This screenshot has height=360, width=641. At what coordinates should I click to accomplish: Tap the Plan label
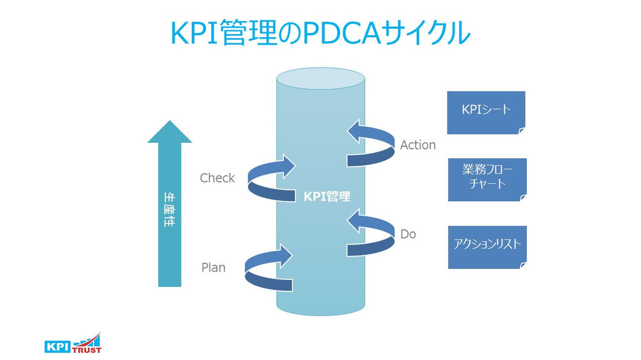tap(213, 267)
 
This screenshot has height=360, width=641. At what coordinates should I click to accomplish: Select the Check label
tap(217, 178)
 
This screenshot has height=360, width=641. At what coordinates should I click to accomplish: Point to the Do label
tap(408, 234)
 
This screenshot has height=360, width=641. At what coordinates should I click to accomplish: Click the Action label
tap(418, 145)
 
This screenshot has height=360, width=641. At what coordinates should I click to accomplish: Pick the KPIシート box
tap(487, 112)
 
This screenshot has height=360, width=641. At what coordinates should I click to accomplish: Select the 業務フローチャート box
tap(487, 179)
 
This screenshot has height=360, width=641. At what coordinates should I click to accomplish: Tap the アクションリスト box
tap(487, 247)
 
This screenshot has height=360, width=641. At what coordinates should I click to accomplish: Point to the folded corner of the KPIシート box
tap(522, 130)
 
